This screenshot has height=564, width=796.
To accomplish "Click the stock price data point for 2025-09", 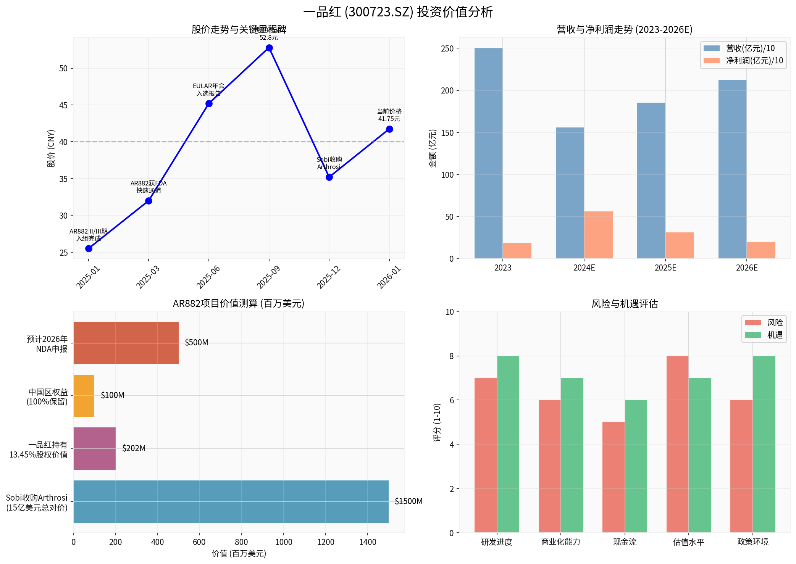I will pyautogui.click(x=269, y=48).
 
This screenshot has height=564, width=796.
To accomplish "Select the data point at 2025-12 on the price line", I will pyautogui.click(x=329, y=177).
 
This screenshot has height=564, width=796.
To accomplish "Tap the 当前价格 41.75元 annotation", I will pyautogui.click(x=389, y=115).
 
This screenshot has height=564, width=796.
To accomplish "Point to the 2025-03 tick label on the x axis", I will pyautogui.click(x=148, y=277).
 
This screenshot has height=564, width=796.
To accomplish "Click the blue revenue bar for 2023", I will pyautogui.click(x=488, y=153).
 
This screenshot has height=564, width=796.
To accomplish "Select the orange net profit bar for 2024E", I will pyautogui.click(x=598, y=235).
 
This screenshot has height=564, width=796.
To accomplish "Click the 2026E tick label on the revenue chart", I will pyautogui.click(x=746, y=268).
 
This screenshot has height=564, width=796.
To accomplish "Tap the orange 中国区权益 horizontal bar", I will pyautogui.click(x=84, y=396).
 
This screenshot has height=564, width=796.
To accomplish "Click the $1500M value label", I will pyautogui.click(x=408, y=501).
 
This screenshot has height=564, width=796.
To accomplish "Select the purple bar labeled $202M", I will pyautogui.click(x=95, y=448).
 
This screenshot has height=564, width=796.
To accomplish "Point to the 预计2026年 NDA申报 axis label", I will pyautogui.click(x=47, y=344).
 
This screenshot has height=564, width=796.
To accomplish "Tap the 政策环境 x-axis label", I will pyautogui.click(x=752, y=542).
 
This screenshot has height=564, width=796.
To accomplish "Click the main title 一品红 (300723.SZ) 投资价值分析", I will pyautogui.click(x=398, y=12).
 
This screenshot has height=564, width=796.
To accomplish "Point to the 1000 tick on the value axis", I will pyautogui.click(x=284, y=542).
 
